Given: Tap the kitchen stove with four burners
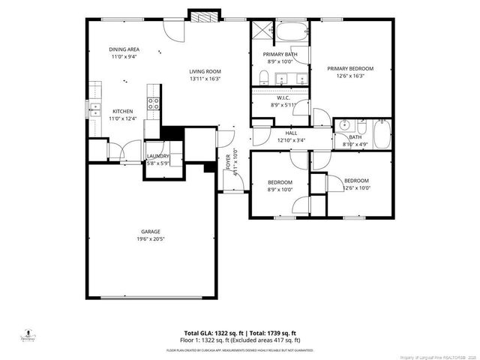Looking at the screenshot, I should point(152,105).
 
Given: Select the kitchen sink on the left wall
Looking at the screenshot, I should point(94,109).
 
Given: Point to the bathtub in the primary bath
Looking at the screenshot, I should point(291,31).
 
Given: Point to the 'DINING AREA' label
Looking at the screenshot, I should point(124,49).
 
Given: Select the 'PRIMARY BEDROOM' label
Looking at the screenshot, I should point(350,68).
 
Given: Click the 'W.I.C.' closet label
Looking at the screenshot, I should point(283,97).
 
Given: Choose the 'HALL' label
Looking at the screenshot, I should point(280,133).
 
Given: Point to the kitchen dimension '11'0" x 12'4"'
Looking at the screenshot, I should point(123,118).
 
